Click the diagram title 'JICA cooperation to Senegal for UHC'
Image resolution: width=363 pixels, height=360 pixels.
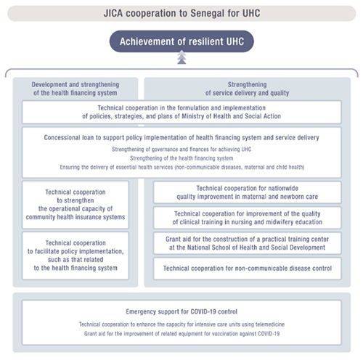pos(181,13)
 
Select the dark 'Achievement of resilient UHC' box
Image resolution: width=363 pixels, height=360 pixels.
pos(181,41)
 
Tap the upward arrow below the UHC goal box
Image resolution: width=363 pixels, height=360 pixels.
pos(181,57)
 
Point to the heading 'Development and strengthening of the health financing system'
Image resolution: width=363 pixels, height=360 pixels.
pos(76,89)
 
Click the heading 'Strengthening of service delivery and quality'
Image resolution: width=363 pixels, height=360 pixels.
pos(247,89)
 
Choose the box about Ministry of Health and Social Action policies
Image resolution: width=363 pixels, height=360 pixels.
pos(181,112)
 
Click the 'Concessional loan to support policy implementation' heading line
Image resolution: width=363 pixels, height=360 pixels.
pos(181,138)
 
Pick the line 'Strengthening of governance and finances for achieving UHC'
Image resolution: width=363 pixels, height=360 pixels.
pos(181,150)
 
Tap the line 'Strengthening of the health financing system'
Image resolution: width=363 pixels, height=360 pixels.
pos(181,158)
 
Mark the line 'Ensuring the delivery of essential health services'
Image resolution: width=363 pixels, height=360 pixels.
pos(182,167)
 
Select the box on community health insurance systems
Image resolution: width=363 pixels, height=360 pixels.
pos(76,205)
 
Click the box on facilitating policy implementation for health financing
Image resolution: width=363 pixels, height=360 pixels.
pos(76,255)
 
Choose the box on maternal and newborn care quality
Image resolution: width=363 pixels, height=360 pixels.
pos(247,192)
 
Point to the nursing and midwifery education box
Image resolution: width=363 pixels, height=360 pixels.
pos(247,218)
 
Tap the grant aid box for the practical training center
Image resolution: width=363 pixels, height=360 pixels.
pos(247,243)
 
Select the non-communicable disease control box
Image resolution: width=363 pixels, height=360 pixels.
pos(247,269)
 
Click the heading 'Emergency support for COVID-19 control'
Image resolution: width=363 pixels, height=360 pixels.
pos(181,311)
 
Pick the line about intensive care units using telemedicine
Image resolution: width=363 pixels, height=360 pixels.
pos(181,324)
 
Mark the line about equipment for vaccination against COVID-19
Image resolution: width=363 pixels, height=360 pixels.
pos(181,334)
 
